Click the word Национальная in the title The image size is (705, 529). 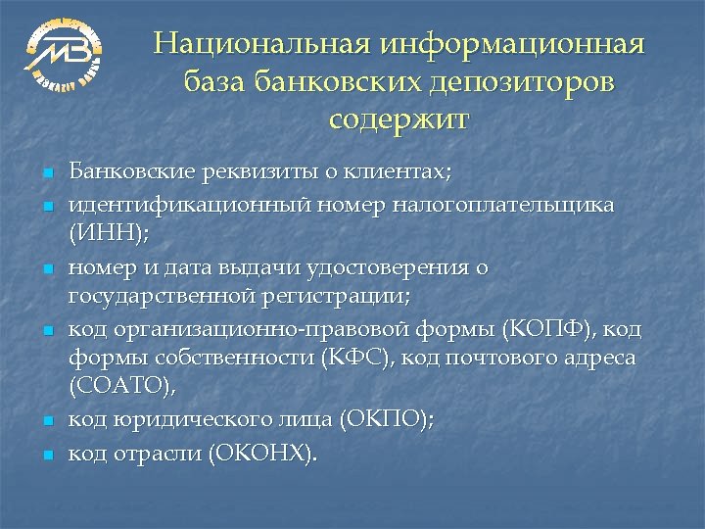click(x=260, y=45)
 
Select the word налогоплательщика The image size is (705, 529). click(x=504, y=204)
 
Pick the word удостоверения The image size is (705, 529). click(x=391, y=265)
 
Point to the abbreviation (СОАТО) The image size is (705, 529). click(x=122, y=387)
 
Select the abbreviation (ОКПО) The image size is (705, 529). click(x=386, y=419)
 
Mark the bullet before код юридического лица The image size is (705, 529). click(x=46, y=421)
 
